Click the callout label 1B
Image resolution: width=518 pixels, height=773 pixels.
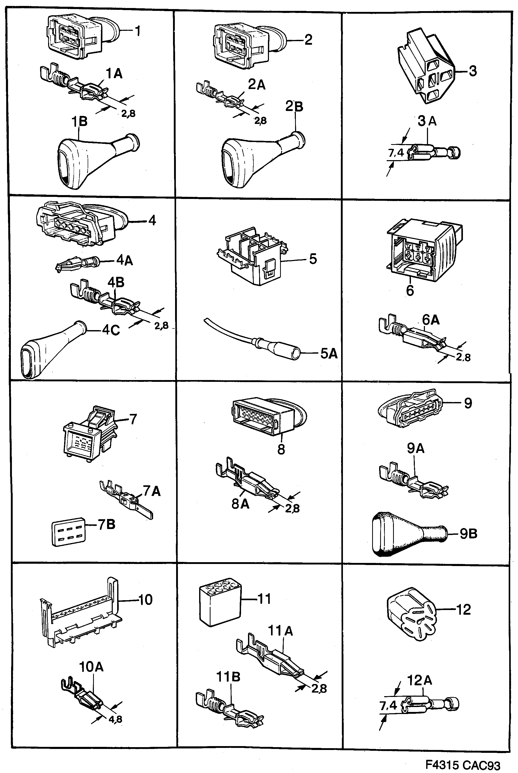pos(80,122)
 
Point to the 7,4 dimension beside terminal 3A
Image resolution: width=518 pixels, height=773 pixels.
pos(396,153)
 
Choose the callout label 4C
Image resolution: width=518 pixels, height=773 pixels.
pos(111,330)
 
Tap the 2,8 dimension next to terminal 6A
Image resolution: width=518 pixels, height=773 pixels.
pos(463,357)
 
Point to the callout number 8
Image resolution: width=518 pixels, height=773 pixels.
pos(281,449)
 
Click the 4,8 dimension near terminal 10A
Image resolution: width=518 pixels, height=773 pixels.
pos(115,719)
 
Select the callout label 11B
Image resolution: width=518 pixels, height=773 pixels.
pos(228,677)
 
